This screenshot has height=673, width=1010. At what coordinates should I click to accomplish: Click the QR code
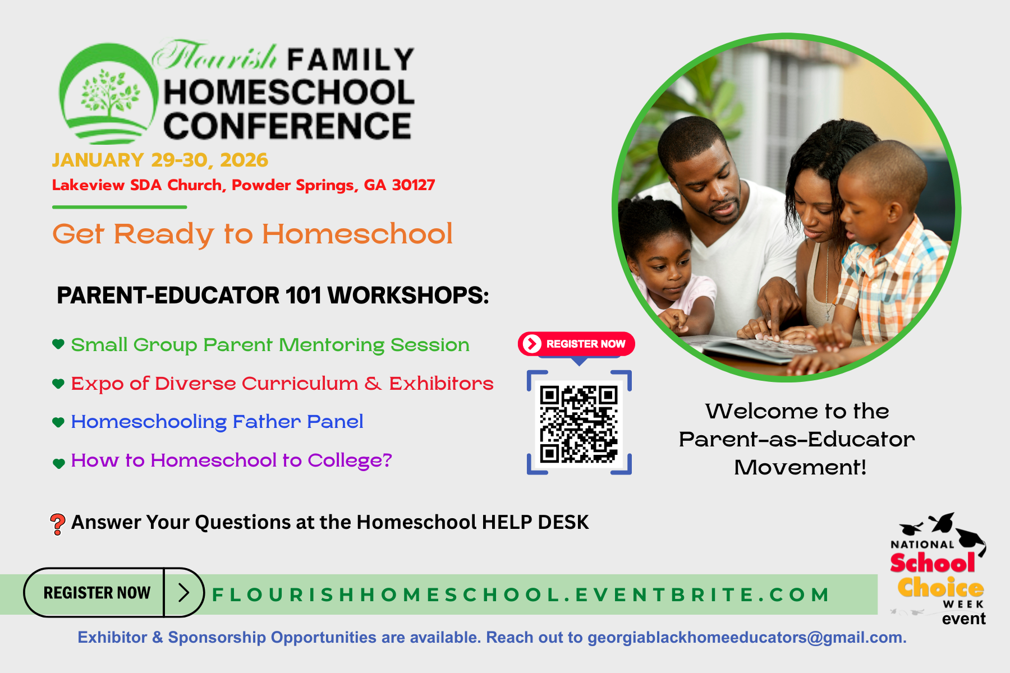point(579,423)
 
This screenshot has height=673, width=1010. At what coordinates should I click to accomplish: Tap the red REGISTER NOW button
point(576,344)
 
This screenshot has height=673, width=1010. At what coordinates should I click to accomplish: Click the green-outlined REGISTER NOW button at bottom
point(114,592)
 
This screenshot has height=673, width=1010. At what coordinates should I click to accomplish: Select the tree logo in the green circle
point(110,93)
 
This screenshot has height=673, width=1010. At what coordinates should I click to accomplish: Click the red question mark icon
point(57,524)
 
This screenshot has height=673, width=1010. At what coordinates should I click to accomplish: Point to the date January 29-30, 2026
point(160,160)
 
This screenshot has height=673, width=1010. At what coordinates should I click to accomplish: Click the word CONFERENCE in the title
point(287,126)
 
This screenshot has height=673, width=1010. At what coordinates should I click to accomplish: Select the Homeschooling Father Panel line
point(217,422)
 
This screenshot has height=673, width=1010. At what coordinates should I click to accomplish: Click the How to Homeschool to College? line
point(231,460)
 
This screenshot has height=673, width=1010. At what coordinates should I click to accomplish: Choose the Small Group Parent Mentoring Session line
point(270,345)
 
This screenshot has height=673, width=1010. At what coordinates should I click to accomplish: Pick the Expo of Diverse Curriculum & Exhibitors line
point(282,384)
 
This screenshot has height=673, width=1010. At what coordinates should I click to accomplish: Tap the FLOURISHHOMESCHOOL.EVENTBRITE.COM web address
point(520,594)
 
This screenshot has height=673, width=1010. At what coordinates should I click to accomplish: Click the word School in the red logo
point(933,563)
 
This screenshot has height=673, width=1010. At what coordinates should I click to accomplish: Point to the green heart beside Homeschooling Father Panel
point(58,422)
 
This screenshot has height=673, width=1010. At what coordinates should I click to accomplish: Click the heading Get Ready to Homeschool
point(252,234)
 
